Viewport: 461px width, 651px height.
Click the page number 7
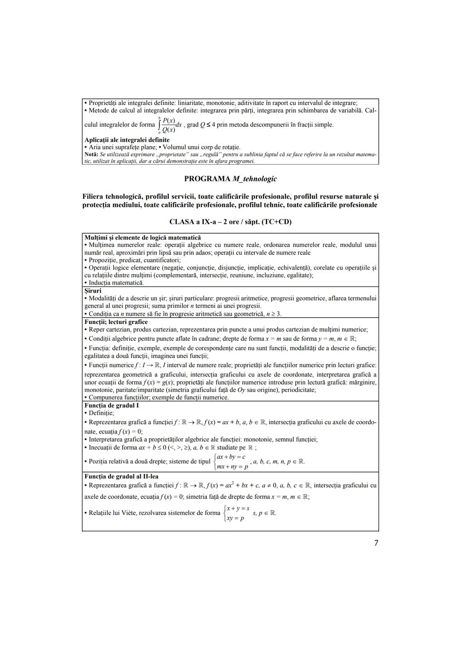point(376,543)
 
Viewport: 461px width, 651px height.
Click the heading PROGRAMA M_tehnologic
point(230,179)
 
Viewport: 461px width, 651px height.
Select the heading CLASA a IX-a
point(230,222)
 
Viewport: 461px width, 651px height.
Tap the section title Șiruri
point(93,291)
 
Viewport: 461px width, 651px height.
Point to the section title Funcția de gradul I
point(111,405)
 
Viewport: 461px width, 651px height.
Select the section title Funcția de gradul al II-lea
point(121,476)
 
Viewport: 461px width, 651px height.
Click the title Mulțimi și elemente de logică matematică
point(143,237)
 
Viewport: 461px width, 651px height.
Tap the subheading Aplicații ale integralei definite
point(127,140)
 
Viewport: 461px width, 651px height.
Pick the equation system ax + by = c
point(231,462)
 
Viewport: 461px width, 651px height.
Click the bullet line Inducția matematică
point(116,283)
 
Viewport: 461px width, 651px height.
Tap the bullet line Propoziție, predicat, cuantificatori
point(134,260)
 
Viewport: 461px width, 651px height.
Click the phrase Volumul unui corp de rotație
point(201,147)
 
